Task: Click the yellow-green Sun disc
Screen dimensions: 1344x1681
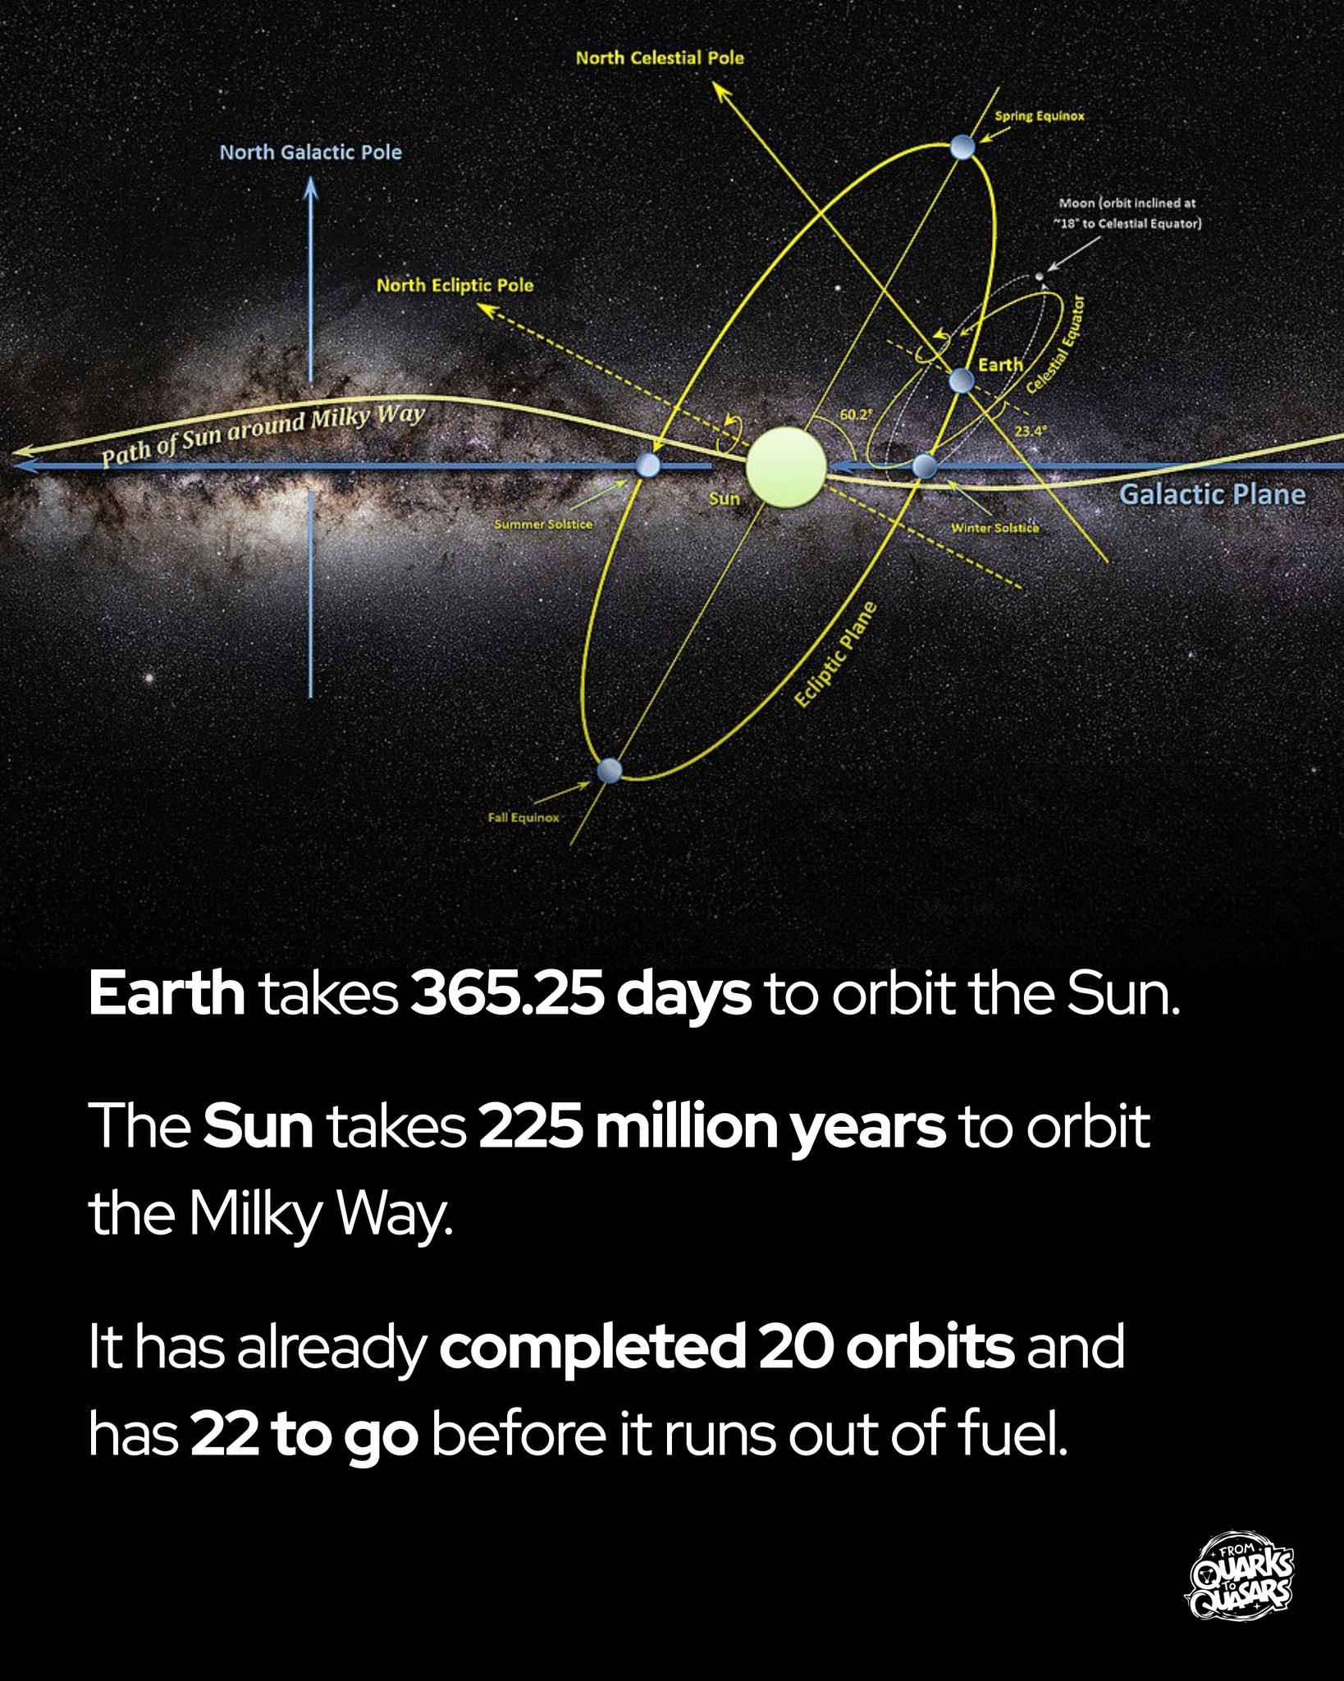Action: pyautogui.click(x=785, y=466)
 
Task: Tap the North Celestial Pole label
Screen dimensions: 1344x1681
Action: pyautogui.click(x=660, y=57)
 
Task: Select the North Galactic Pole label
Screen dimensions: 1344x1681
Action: pyautogui.click(x=310, y=152)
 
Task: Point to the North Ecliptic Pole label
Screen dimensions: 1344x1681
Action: pyautogui.click(x=455, y=285)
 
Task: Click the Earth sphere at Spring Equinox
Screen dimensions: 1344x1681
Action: pyautogui.click(x=962, y=148)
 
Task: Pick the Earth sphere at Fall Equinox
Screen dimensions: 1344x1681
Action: pyautogui.click(x=609, y=771)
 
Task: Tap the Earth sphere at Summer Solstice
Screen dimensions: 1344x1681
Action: pyautogui.click(x=647, y=465)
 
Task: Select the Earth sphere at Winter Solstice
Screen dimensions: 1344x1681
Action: pyautogui.click(x=925, y=466)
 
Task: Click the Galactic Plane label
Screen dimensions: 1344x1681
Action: pyautogui.click(x=1212, y=494)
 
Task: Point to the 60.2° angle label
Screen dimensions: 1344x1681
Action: pyautogui.click(x=854, y=415)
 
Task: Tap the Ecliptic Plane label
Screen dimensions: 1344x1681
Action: pyautogui.click(x=836, y=654)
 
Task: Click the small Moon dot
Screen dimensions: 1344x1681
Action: pyautogui.click(x=1040, y=277)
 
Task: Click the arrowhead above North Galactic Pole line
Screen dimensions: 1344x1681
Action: pyautogui.click(x=310, y=187)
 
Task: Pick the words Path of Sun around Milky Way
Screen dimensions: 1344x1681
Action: pyautogui.click(x=263, y=435)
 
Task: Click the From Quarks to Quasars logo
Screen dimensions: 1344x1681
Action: pyautogui.click(x=1241, y=1575)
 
